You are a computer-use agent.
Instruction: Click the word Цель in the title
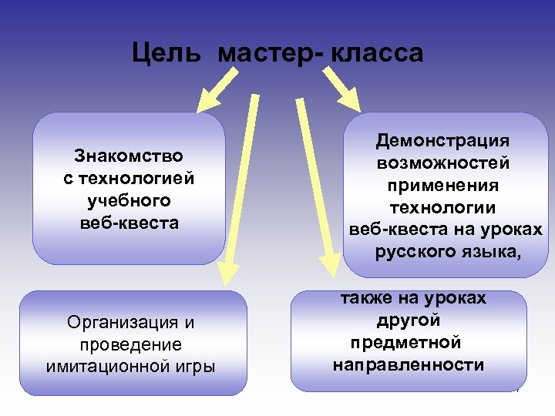[167, 53]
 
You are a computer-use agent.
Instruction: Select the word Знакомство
[129, 156]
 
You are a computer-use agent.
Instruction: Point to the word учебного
[129, 201]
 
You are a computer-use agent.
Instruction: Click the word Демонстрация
[442, 141]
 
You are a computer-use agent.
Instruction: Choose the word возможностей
[442, 163]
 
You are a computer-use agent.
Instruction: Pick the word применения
[442, 186]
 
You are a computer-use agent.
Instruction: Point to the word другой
[409, 320]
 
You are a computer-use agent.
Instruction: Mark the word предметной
[405, 342]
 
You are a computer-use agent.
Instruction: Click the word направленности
[409, 364]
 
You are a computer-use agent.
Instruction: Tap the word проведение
[129, 344]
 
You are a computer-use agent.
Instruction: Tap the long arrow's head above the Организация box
[227, 271]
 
